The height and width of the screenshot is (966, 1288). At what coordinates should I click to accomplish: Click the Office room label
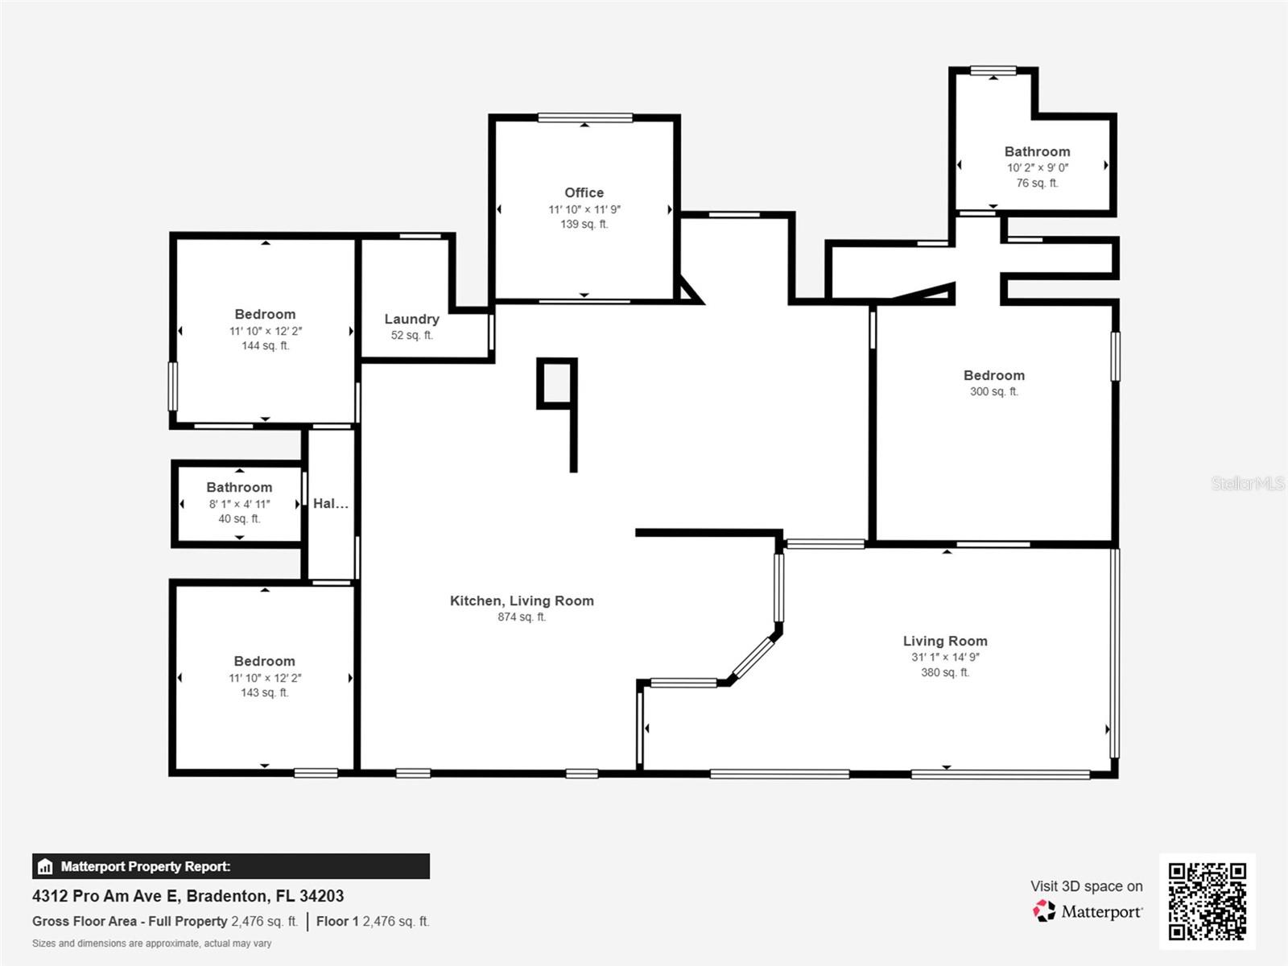584,192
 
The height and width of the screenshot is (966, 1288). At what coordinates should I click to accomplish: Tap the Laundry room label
411,319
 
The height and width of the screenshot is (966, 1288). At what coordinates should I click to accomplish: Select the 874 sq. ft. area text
521,617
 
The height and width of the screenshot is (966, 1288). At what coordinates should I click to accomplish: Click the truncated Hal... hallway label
330,503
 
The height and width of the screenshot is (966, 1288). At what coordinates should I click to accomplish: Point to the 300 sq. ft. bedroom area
993,392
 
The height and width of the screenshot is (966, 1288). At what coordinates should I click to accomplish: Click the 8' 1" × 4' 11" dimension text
239,504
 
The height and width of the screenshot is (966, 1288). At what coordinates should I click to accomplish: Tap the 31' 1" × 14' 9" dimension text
945,657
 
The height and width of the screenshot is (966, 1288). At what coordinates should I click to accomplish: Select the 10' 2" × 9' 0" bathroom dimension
1037,167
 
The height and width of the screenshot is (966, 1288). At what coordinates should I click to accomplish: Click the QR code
1207,902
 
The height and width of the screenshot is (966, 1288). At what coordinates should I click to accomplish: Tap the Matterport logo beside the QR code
1045,911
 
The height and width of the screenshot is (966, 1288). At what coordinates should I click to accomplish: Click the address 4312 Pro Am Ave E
188,896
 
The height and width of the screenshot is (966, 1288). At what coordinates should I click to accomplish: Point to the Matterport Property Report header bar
230,866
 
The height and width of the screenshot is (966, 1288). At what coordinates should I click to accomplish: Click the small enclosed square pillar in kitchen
556,382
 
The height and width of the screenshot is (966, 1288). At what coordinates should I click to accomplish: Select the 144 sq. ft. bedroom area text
265,346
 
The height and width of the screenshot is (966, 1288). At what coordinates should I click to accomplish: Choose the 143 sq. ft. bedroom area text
264,693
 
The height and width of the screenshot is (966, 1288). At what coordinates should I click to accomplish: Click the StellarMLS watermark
1247,483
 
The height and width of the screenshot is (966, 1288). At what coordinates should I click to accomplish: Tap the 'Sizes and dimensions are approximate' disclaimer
151,943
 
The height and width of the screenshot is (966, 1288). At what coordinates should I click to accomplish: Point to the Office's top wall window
585,118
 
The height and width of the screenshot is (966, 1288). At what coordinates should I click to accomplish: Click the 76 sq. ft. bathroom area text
1037,184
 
